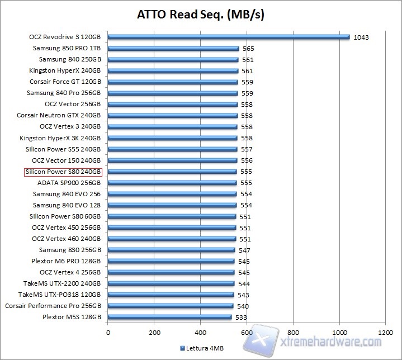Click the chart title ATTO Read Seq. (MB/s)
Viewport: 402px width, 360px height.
pos(201,14)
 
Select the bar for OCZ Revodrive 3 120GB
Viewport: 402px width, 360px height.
pos(228,37)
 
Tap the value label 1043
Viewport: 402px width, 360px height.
pos(361,37)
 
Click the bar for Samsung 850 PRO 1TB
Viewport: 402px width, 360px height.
pos(173,49)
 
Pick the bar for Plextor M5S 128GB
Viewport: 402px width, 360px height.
pos(169,317)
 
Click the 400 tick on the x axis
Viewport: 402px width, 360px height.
pos(200,332)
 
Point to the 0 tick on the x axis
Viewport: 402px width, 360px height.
pos(108,332)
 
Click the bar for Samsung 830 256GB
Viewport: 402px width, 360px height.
pos(171,250)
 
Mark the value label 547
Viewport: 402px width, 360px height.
pos(244,250)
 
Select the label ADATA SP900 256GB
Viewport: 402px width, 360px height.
pos(69,183)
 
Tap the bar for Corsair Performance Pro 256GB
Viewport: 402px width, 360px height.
pos(170,306)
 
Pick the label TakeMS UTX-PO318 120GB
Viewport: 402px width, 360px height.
pos(59,295)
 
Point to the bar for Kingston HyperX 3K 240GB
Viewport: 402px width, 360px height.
pos(172,138)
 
